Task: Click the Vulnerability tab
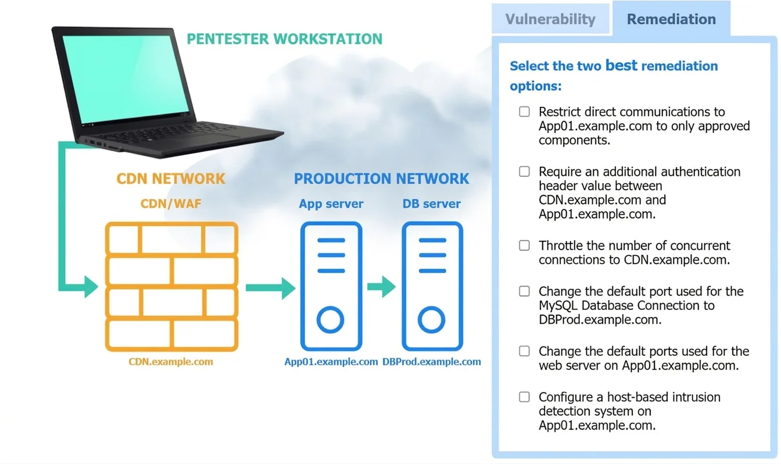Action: point(550,19)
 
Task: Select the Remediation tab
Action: point(671,19)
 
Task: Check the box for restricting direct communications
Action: point(524,112)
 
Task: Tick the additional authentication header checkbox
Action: point(524,172)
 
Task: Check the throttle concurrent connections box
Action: point(524,245)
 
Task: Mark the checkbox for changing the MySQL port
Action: point(524,291)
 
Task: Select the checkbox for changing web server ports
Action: point(524,351)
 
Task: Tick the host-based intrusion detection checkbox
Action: point(524,397)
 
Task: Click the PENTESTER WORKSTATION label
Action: point(285,39)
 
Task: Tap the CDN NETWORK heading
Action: point(171,179)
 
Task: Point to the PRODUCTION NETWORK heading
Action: point(381,179)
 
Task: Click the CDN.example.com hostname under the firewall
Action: point(171,362)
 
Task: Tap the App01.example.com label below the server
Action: point(331,362)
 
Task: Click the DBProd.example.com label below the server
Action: point(432,362)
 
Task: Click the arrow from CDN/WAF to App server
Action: point(271,288)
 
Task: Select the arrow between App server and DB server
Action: point(381,287)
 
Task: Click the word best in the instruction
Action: point(621,65)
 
